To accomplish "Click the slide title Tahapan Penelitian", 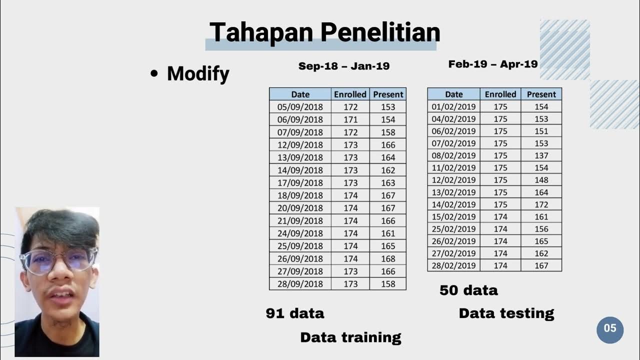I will [324, 32].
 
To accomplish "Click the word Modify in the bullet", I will [198, 73].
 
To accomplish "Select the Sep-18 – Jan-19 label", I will [343, 66].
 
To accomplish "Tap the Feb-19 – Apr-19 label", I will [492, 64].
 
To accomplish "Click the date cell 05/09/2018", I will [300, 107].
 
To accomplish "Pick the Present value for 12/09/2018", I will [387, 145].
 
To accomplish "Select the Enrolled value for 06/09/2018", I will [350, 119].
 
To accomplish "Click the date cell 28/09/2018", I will [300, 284].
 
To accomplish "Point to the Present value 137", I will [541, 155].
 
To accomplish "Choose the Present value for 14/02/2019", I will [541, 204].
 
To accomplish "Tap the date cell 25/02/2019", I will [453, 229].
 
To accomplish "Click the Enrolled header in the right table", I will [500, 94].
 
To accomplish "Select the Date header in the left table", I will [300, 94].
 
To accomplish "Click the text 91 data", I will [295, 313].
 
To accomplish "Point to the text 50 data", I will [468, 290].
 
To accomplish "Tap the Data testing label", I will [506, 313].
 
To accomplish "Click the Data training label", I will [350, 337].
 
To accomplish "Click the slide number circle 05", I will [610, 329].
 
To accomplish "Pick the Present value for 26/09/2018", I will [387, 258].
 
